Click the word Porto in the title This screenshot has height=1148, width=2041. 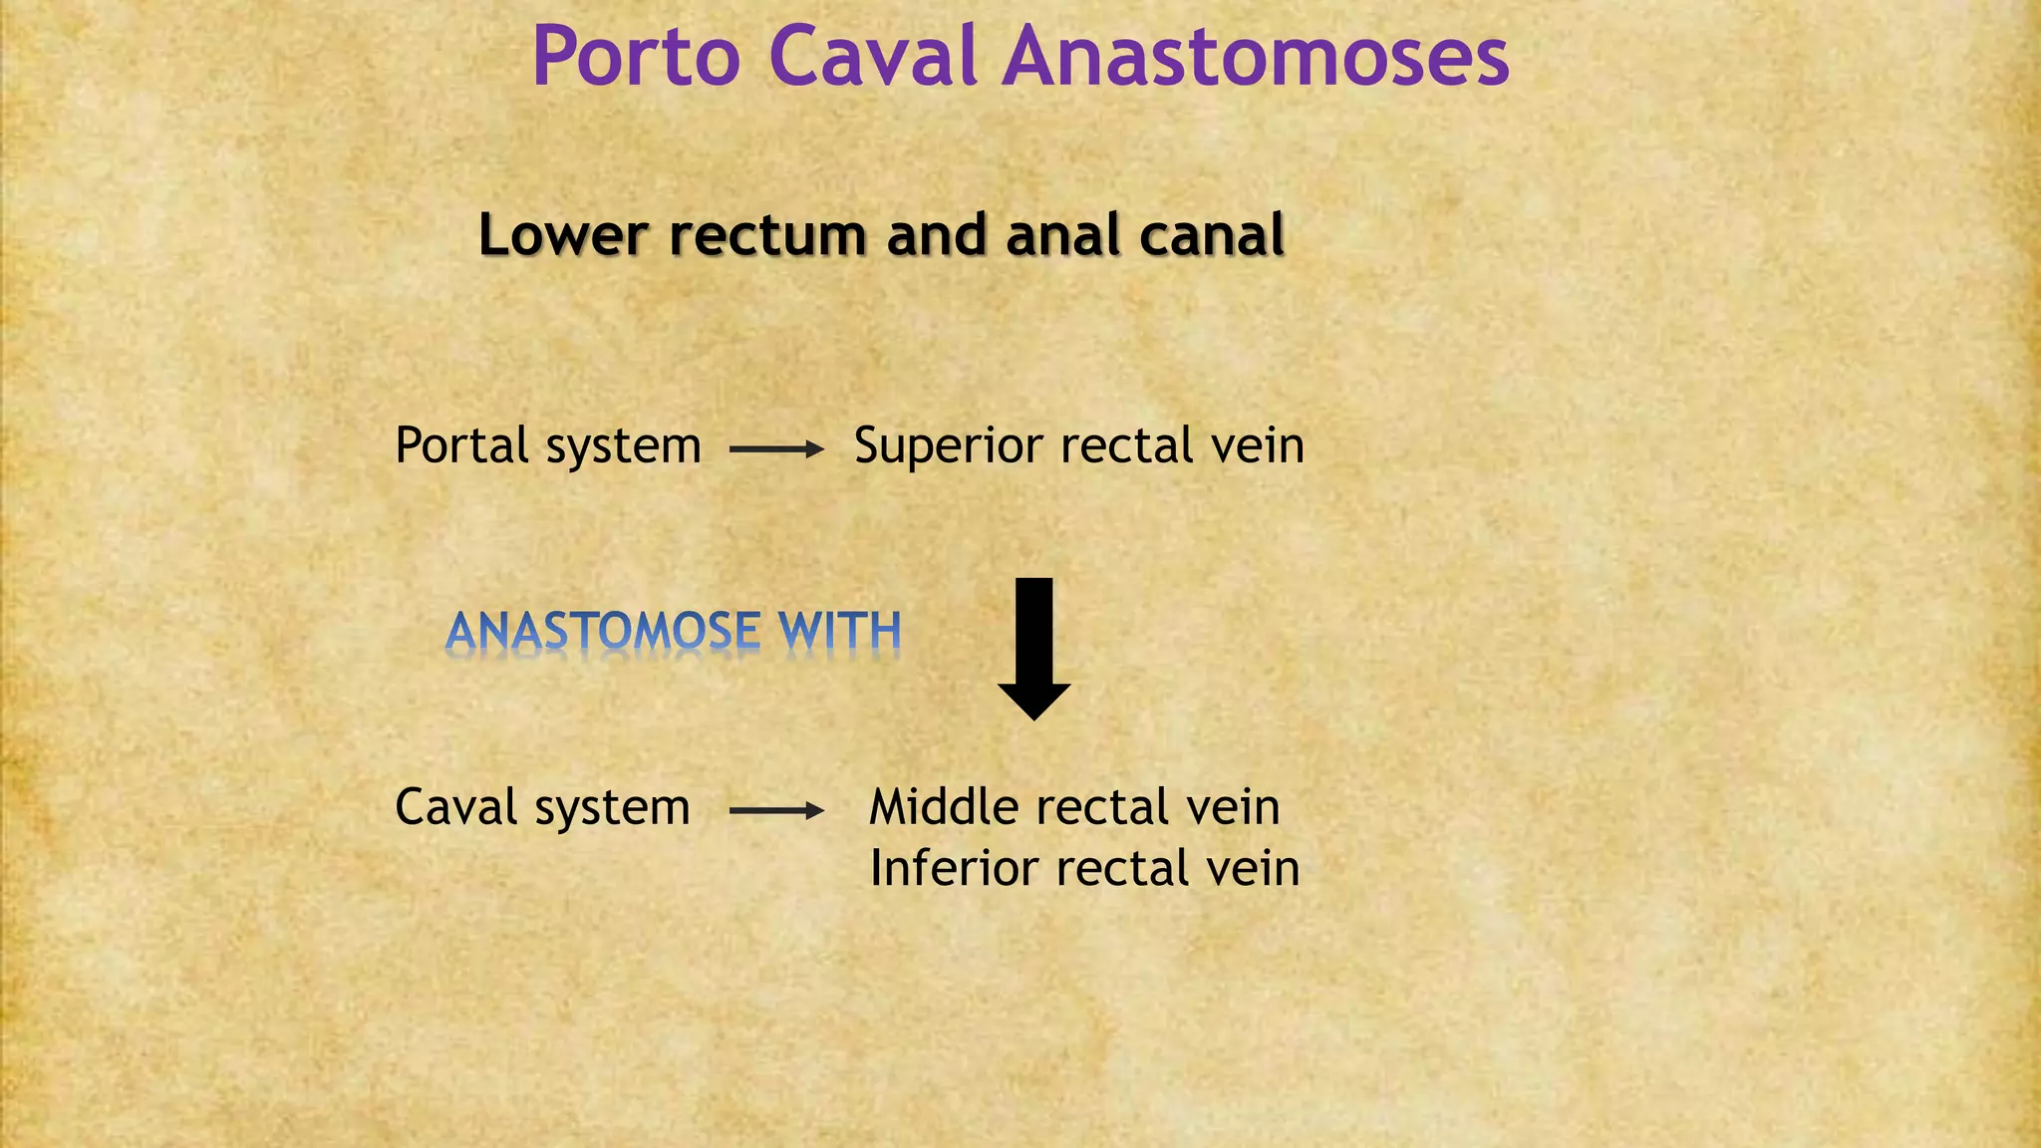pos(636,58)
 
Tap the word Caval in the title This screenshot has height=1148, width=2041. pos(873,58)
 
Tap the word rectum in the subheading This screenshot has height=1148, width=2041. pos(768,237)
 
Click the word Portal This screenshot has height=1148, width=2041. pos(461,445)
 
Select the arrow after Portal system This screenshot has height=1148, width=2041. pos(776,449)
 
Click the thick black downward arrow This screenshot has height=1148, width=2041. pos(1034,648)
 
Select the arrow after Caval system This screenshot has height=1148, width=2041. pos(776,811)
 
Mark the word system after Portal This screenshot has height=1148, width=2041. pos(624,447)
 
